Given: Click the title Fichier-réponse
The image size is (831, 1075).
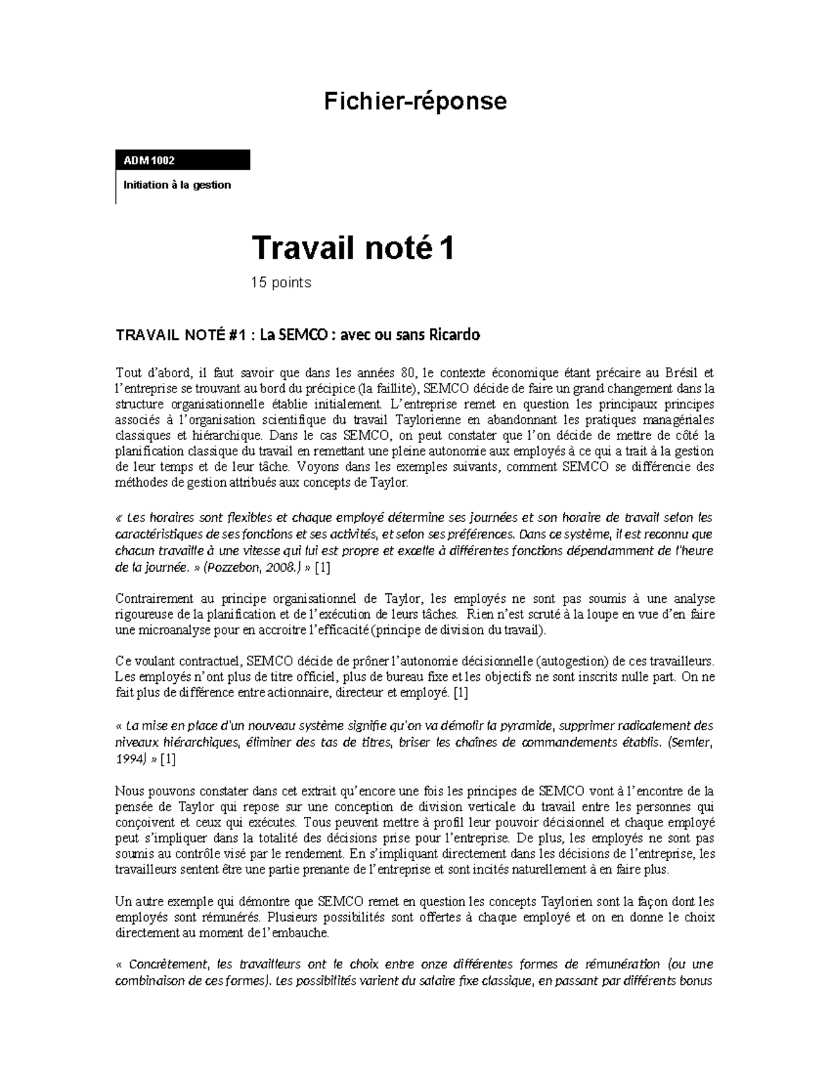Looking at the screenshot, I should tap(415, 101).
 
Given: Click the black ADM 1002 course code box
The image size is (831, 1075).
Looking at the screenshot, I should tap(183, 160).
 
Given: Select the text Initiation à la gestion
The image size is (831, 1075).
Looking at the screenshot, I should tap(177, 185).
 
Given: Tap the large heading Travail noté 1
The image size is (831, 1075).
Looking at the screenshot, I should tap(352, 248).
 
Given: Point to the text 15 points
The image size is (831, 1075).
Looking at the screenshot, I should tap(281, 282).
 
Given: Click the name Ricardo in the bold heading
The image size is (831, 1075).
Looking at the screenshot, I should tap(454, 335).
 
